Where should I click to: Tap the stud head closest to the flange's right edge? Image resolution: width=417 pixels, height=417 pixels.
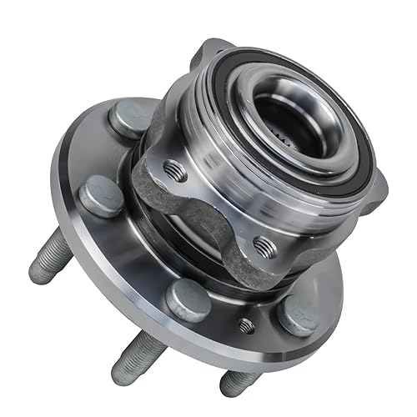click(299, 315)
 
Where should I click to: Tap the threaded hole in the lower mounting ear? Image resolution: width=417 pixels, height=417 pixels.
click(264, 246)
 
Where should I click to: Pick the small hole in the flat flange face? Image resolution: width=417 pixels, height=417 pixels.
click(246, 325)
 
